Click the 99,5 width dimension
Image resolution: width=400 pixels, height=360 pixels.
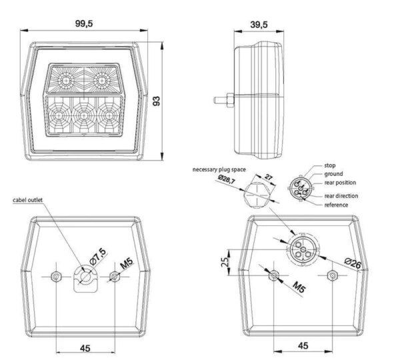tap(84, 23)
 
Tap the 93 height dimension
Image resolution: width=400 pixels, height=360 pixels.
tap(156, 101)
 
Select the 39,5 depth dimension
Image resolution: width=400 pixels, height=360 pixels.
tap(259, 25)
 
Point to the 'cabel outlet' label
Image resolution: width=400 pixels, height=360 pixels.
tap(28, 200)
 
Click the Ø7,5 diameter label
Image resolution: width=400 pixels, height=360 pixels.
tap(98, 257)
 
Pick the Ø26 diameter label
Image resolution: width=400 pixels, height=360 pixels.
tap(353, 263)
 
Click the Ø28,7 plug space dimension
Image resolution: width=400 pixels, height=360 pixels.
tap(227, 179)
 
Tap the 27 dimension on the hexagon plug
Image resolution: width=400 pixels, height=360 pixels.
tap(268, 177)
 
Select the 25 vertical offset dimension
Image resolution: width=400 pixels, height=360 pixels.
tap(225, 262)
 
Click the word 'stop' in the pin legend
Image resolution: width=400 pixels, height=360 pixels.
tap(330, 165)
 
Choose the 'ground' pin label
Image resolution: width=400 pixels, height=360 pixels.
tap(333, 174)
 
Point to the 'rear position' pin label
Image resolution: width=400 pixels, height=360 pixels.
tap(340, 183)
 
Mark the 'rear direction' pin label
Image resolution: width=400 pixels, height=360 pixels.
tap(341, 196)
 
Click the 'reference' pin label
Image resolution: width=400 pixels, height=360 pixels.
tap(336, 205)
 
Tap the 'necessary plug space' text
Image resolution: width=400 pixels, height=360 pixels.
tap(219, 169)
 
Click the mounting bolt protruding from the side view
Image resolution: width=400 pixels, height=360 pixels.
tap(224, 100)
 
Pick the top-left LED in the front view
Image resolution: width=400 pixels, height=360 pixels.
tap(66, 81)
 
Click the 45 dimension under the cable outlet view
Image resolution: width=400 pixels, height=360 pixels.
tap(85, 348)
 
